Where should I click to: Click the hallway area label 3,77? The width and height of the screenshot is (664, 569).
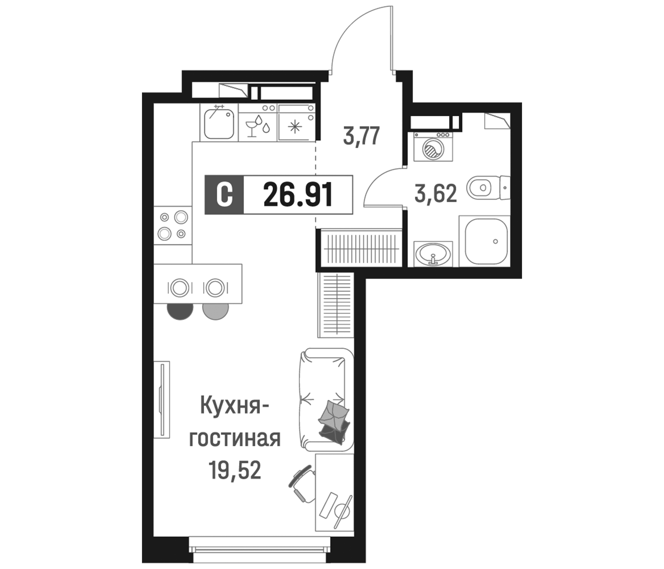tap(361, 136)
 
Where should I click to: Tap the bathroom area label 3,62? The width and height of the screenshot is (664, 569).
tap(435, 194)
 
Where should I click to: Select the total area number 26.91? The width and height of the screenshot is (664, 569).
tap(298, 194)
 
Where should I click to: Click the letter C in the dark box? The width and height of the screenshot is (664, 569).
tap(224, 194)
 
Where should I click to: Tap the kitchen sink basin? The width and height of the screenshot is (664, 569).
tap(219, 123)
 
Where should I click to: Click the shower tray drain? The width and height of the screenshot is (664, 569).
tap(495, 241)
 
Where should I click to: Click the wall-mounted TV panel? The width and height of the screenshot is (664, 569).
tap(162, 399)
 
